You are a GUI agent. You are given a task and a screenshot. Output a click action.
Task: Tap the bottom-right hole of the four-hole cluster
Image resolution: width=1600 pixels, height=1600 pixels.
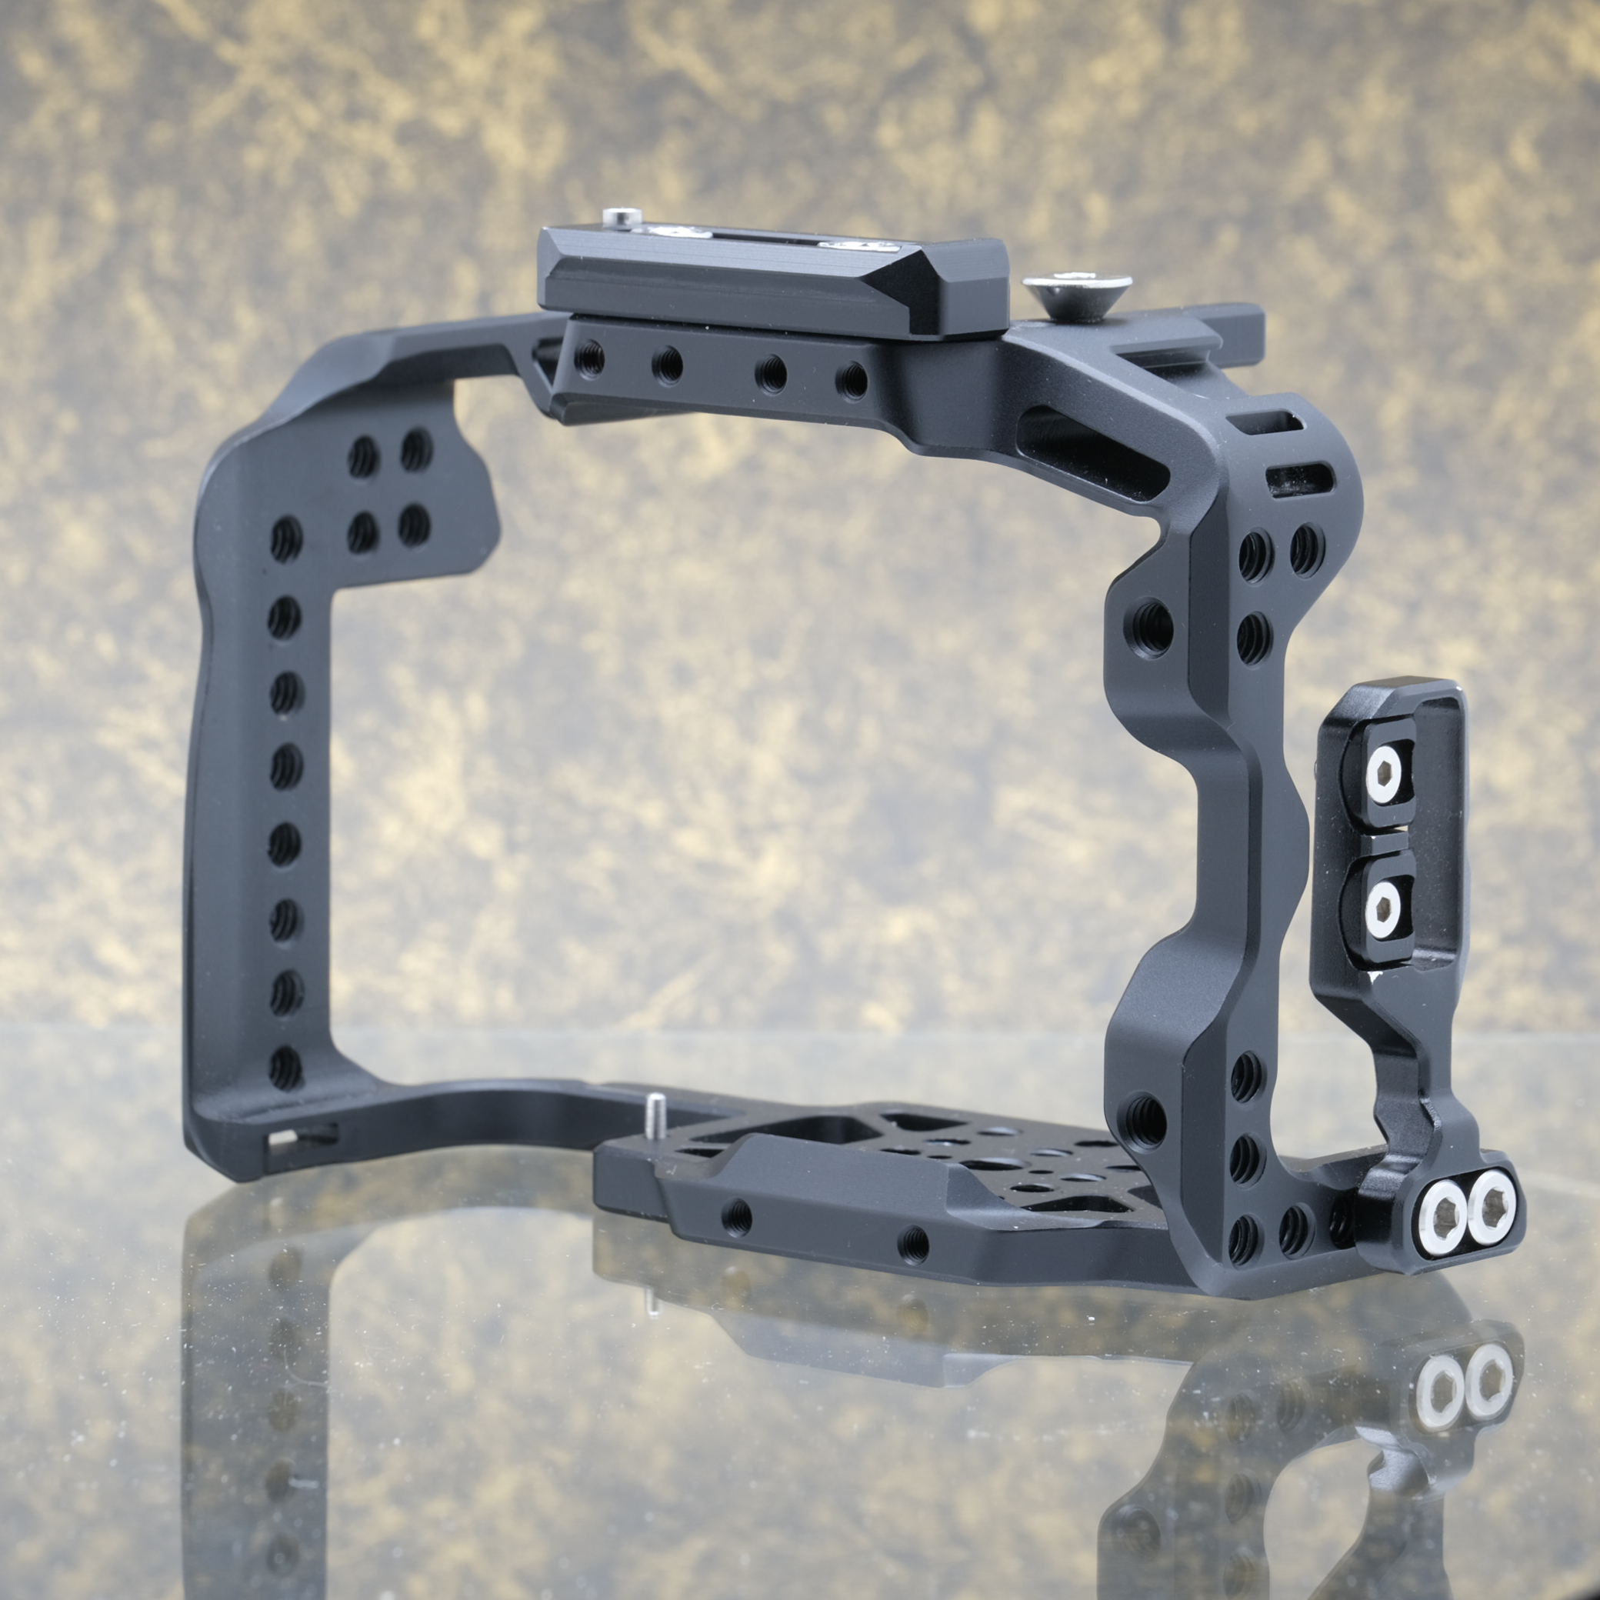pos(413,525)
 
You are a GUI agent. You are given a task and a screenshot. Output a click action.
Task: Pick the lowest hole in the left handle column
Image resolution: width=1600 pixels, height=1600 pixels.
pos(284,1068)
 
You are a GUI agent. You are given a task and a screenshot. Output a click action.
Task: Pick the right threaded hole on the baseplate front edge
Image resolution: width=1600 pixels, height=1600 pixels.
pos(915,1242)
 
